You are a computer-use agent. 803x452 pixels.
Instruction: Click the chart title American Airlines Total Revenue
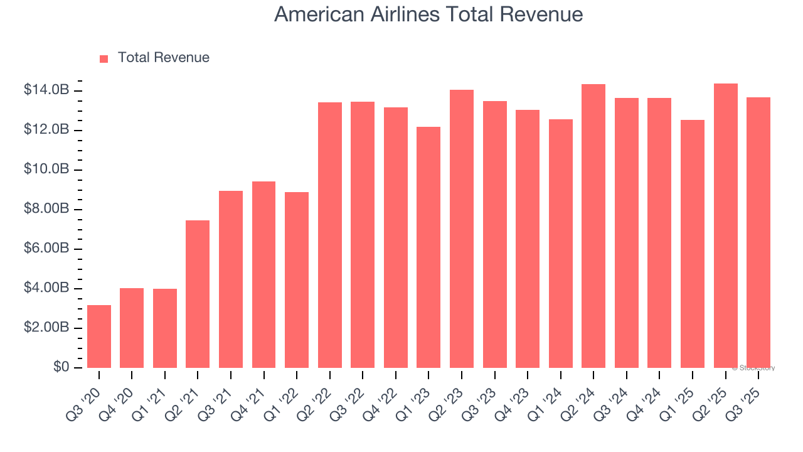(428, 14)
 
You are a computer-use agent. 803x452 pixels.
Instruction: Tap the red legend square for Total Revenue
(104, 58)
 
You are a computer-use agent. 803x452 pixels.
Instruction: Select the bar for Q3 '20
(99, 336)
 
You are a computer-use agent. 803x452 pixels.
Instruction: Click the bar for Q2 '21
(198, 294)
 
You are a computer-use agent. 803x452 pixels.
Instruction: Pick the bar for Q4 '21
(263, 274)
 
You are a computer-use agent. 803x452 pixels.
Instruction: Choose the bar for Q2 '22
(330, 235)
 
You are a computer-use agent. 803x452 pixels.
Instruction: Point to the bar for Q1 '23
(428, 247)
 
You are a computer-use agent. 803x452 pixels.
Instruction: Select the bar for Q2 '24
(593, 226)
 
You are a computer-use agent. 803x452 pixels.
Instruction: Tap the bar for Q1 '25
(693, 244)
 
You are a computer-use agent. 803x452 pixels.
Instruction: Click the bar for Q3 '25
(758, 232)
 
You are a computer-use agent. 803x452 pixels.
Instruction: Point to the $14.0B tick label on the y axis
(46, 90)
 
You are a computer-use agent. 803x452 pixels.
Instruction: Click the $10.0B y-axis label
(46, 169)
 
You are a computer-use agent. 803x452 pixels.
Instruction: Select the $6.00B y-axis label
(46, 249)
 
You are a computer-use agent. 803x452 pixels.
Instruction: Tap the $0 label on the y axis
(61, 367)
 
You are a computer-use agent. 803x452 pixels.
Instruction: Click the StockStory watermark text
(753, 368)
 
